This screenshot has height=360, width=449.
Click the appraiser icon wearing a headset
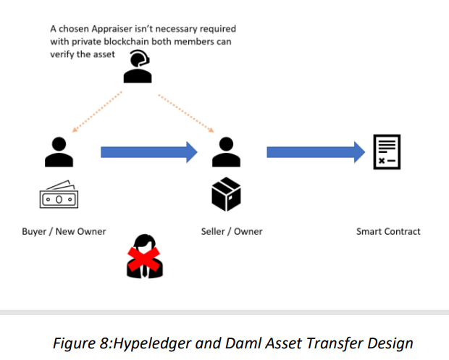137,67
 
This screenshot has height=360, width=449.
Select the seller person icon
226,151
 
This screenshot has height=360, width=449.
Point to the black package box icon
226,194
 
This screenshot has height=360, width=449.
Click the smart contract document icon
387,152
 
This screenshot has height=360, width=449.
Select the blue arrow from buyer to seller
148,152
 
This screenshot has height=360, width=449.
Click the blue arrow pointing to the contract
316,152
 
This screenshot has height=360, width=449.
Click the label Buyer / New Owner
64,232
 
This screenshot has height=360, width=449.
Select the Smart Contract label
388,232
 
